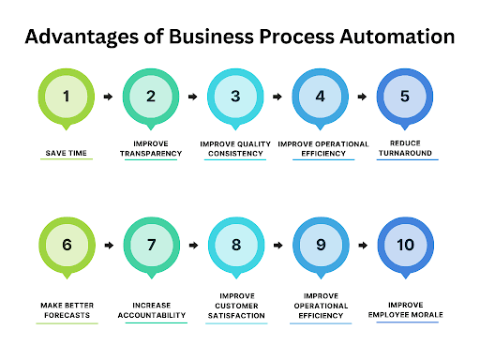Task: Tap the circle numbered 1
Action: click(67, 96)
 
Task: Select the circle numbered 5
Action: click(404, 96)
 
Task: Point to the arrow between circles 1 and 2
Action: click(108, 96)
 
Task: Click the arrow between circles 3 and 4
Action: click(277, 96)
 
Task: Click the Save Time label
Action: click(67, 152)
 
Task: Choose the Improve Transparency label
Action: click(151, 148)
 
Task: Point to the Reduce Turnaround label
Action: click(404, 148)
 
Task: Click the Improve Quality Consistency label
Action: click(235, 148)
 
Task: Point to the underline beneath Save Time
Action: click(67, 160)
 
